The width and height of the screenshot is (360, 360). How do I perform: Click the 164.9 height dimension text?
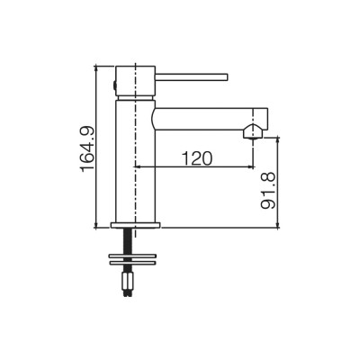(x=88, y=149)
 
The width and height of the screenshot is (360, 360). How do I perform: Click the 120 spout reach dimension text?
(x=197, y=158)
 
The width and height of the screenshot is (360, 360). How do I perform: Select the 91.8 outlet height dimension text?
(x=268, y=191)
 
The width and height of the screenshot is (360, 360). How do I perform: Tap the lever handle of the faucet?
(x=192, y=76)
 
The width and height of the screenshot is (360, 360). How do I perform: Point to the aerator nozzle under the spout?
(x=253, y=132)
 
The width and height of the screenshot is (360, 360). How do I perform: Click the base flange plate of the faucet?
(x=136, y=225)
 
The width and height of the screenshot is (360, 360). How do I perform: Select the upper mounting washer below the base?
(x=133, y=256)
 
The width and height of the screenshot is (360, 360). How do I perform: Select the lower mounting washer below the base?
(x=133, y=263)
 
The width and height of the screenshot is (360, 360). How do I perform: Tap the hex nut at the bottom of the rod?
(x=127, y=281)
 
